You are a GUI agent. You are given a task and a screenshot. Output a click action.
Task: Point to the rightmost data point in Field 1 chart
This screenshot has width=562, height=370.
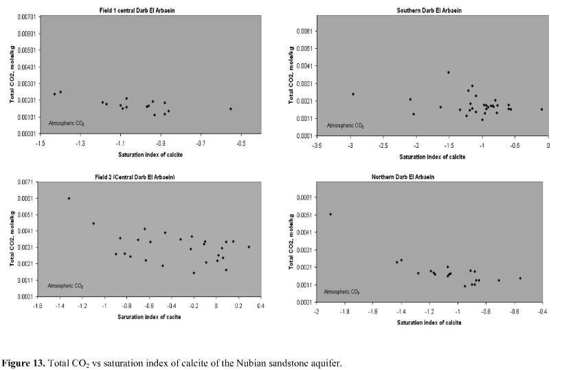tap(231, 109)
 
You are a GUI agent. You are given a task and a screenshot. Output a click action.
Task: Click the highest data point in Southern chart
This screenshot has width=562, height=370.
tap(449, 72)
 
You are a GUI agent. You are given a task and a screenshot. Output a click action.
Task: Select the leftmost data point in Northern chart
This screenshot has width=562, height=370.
tap(330, 214)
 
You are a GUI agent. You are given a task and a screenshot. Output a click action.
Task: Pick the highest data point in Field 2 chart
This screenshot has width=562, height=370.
tap(69, 198)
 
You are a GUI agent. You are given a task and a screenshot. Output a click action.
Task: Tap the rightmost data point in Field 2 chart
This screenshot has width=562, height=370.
tap(249, 247)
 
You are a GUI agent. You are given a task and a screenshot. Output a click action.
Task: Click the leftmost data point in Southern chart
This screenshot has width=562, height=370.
tap(353, 94)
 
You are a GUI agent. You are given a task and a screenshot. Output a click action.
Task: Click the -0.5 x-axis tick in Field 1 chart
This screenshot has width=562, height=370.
tap(241, 143)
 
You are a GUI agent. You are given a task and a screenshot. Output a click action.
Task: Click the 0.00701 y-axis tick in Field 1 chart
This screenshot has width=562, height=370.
tap(25, 17)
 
